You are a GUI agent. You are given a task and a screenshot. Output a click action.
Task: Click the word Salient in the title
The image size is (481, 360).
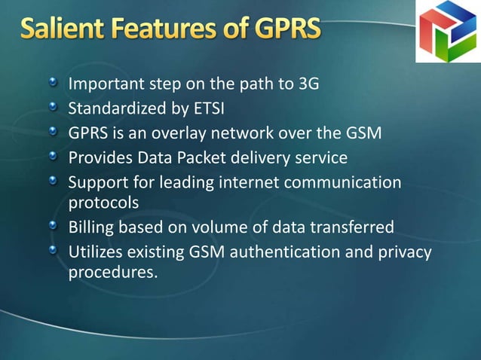tap(60, 31)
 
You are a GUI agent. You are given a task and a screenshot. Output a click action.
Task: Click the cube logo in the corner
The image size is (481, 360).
tap(448, 31)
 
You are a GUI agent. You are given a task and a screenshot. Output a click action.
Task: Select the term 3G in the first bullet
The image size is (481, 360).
tap(309, 84)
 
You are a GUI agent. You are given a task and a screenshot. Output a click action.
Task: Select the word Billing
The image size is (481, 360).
tap(91, 227)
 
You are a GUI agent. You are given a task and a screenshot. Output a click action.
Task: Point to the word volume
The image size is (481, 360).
tap(224, 227)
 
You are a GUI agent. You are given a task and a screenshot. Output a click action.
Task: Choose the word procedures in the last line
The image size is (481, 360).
tap(113, 272)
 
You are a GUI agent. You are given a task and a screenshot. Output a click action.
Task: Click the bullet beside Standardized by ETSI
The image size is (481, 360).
tap(54, 108)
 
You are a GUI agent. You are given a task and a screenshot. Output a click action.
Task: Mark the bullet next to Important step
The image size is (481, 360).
tap(54, 83)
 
